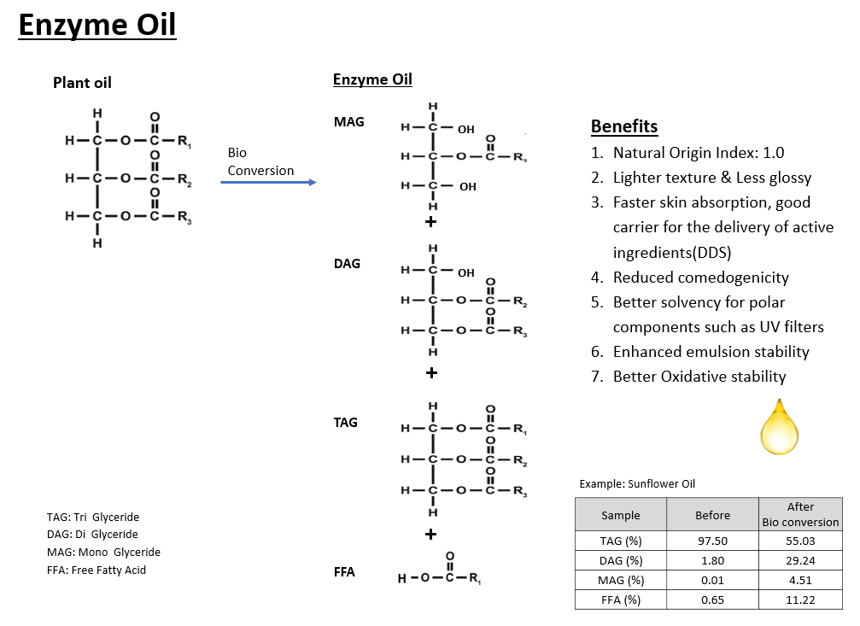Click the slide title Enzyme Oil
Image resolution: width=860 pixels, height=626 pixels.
click(x=97, y=26)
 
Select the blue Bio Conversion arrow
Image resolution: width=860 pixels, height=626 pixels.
click(x=268, y=182)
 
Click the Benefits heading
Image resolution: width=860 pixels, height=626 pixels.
click(x=624, y=127)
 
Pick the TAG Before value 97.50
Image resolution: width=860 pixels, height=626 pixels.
click(x=712, y=541)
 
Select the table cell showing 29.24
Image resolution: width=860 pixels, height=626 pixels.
click(x=800, y=560)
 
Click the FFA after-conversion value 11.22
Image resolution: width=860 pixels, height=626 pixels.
click(x=800, y=600)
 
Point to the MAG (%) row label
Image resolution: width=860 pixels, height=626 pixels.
click(x=620, y=580)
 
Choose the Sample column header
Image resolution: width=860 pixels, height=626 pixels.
click(x=620, y=515)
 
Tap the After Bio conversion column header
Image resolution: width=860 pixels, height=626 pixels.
click(x=800, y=514)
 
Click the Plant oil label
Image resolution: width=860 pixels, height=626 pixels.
click(x=82, y=83)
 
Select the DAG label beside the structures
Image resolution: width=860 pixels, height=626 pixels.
click(x=347, y=264)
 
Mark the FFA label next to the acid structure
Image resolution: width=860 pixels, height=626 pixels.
click(x=344, y=572)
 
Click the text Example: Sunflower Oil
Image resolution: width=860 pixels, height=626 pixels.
click(x=637, y=484)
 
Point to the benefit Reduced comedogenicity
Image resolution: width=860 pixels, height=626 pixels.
click(x=700, y=278)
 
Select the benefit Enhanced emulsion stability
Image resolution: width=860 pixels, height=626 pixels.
click(x=711, y=352)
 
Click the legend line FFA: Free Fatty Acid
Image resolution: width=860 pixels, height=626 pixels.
click(x=97, y=570)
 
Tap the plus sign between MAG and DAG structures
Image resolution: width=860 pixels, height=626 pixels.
click(x=431, y=222)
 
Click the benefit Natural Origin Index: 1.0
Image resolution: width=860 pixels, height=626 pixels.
click(x=698, y=154)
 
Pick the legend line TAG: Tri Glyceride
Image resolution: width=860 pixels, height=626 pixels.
click(x=93, y=518)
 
